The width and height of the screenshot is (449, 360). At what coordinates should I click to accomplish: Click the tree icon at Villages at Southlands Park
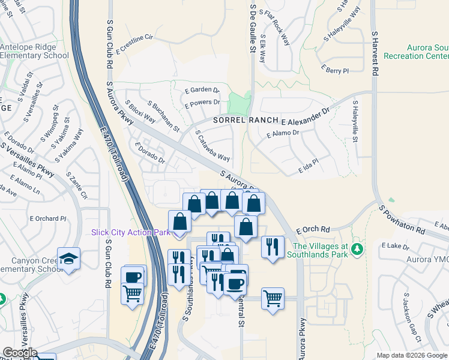point(358,248)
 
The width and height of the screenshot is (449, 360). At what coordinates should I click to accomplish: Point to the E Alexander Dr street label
point(309,117)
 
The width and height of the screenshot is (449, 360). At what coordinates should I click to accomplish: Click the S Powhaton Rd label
point(402,221)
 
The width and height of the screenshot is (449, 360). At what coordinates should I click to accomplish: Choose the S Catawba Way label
point(212,146)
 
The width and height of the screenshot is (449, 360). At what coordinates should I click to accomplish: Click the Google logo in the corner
point(19,353)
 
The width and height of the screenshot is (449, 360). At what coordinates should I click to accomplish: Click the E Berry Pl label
point(335,70)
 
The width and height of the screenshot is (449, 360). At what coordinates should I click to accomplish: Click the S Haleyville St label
point(355,121)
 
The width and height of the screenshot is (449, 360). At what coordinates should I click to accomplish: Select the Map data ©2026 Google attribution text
point(412,355)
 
